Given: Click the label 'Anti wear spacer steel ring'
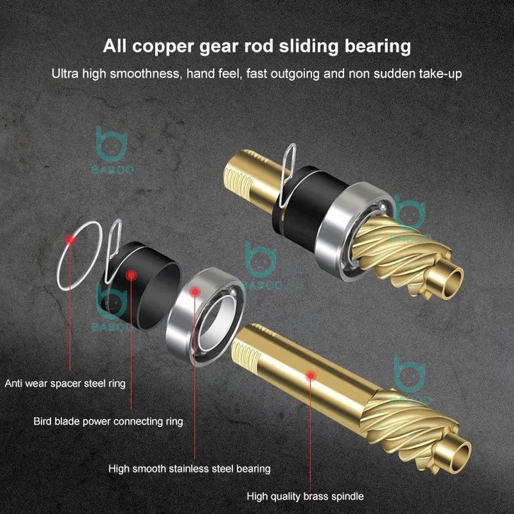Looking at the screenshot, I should point(65,384).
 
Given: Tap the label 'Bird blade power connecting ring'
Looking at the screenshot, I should point(108,421).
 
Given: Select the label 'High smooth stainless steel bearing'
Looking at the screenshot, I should point(189,468).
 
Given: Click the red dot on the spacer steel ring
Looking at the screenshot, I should point(70,239).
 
